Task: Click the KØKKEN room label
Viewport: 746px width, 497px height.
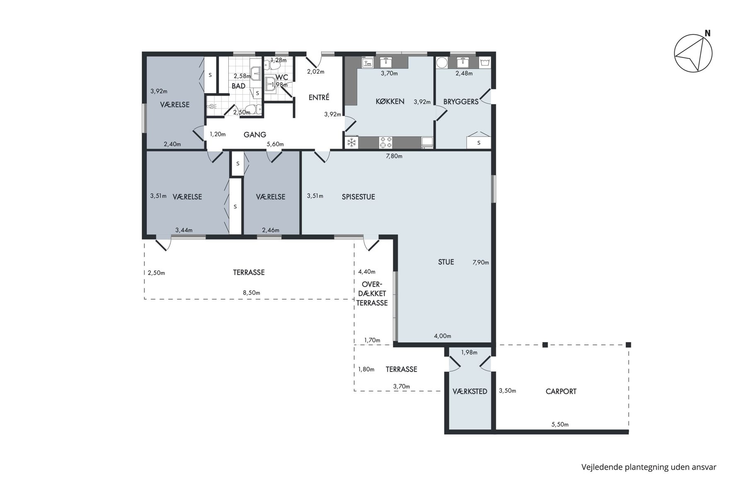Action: click(390, 101)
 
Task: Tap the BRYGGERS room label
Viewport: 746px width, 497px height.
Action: click(461, 101)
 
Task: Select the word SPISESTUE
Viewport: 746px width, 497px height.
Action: click(358, 197)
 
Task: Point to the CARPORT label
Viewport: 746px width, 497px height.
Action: click(561, 391)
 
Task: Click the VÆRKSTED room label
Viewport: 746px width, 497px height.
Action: click(470, 391)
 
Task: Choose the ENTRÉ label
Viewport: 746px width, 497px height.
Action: click(319, 97)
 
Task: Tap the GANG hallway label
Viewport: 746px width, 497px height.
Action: click(255, 135)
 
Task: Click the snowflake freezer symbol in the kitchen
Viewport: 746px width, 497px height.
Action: click(352, 143)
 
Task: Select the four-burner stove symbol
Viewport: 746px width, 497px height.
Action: click(386, 143)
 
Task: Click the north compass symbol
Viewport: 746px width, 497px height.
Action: click(693, 53)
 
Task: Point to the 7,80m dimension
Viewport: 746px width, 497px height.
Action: click(394, 156)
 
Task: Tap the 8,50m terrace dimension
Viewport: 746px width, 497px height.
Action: click(252, 293)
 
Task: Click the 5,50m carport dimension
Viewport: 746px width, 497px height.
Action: click(560, 425)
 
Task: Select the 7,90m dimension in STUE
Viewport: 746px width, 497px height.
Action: click(481, 262)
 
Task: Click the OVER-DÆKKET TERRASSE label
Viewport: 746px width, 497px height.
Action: click(372, 294)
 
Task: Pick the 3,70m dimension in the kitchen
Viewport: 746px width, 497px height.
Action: click(389, 74)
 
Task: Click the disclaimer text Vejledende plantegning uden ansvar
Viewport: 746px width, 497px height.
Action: click(649, 467)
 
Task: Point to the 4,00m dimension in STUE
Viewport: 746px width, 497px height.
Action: click(443, 336)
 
